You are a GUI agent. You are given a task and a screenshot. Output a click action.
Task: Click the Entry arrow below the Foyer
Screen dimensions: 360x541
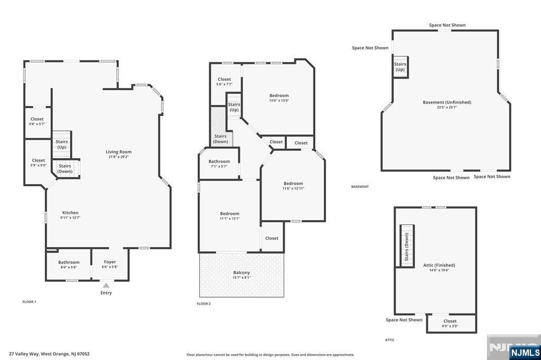106,286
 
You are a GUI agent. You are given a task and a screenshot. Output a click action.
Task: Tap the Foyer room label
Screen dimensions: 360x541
110,262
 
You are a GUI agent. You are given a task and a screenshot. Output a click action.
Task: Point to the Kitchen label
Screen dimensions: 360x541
70,213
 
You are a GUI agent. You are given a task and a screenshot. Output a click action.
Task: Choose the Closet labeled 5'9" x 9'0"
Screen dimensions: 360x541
39,163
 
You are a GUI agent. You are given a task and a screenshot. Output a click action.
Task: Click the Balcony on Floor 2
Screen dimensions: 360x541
241,274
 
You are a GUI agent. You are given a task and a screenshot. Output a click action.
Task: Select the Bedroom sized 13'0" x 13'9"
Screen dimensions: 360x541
279,98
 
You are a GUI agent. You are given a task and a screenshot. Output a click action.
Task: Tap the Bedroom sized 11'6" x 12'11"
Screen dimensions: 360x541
293,186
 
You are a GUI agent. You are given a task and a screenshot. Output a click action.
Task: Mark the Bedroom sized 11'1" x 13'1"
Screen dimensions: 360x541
230,216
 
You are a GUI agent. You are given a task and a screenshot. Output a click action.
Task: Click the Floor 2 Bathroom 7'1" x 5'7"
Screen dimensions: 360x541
219,164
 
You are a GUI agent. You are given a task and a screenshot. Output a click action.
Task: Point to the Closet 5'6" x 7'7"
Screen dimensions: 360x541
224,81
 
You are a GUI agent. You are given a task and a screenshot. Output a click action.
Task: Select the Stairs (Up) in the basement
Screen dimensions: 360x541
400,67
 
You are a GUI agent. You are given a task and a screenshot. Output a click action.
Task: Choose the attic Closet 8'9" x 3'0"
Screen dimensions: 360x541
450,323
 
